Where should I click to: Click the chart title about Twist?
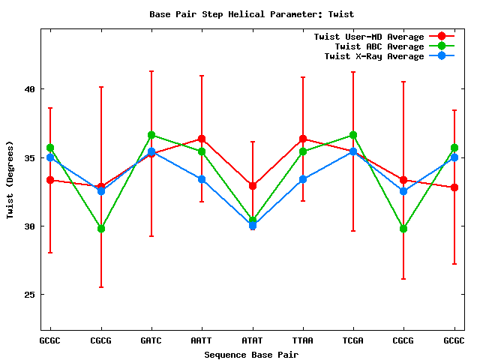click(x=252, y=14)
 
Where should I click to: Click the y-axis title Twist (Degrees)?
click(x=10, y=180)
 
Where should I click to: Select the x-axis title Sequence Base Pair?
click(x=252, y=354)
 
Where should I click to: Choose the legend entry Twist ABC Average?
click(x=379, y=46)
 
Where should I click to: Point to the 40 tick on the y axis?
click(x=30, y=89)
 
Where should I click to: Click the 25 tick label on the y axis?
click(x=30, y=295)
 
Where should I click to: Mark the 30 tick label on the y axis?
click(x=30, y=226)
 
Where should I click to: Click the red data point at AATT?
click(x=202, y=139)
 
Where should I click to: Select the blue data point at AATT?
click(x=202, y=179)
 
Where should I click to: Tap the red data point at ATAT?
click(x=253, y=185)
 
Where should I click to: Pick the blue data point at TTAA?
click(x=303, y=179)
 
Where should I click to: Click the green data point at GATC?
click(x=151, y=135)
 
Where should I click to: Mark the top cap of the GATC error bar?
click(x=151, y=71)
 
